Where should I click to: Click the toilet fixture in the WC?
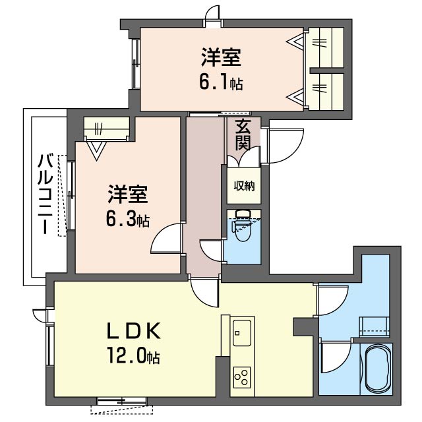(x=243, y=226)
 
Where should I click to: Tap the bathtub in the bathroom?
(x=378, y=368)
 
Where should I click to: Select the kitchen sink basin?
(x=242, y=332)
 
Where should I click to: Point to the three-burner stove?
(x=242, y=377)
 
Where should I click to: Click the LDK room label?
(x=134, y=331)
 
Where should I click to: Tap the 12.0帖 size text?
(x=134, y=355)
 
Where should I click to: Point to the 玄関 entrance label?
(x=243, y=134)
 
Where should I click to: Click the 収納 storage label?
(x=244, y=186)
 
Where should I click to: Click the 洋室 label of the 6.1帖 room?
(x=222, y=57)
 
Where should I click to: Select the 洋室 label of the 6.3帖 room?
(x=128, y=195)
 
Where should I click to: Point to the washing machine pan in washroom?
(x=375, y=327)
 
